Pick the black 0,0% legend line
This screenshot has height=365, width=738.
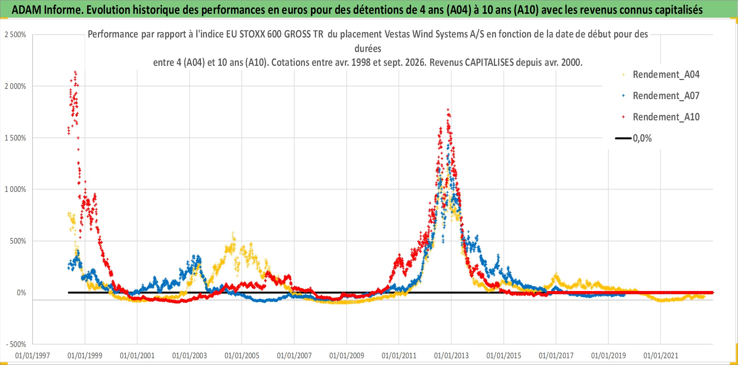[623, 138]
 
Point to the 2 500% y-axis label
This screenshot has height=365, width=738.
[15, 35]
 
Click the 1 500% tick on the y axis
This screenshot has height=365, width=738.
[15, 138]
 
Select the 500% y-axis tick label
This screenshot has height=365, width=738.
[18, 241]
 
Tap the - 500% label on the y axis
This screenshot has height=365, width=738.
[16, 344]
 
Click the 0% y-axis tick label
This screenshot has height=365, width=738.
[22, 293]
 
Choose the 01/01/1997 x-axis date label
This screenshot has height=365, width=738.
[33, 355]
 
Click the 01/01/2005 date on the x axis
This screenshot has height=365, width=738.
[242, 355]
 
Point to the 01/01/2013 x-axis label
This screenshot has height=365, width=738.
[451, 355]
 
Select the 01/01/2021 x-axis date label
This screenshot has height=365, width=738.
[661, 355]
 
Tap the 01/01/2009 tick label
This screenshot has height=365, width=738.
[347, 355]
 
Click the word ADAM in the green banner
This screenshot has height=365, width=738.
[27, 10]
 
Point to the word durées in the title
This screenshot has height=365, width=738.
[368, 49]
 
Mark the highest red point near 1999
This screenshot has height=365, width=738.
[75, 72]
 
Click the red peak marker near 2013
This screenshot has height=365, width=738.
[448, 110]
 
